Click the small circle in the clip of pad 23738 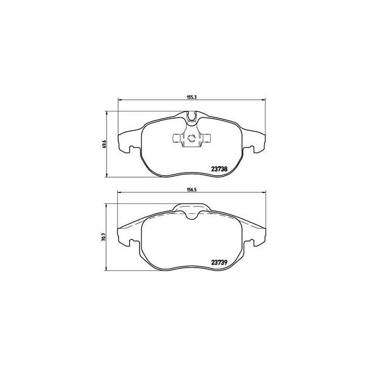[191, 139]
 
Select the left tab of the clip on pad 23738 [176, 139]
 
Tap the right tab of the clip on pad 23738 [207, 139]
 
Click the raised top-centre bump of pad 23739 [191, 210]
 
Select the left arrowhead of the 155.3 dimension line [120, 100]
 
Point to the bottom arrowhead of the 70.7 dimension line [108, 272]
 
